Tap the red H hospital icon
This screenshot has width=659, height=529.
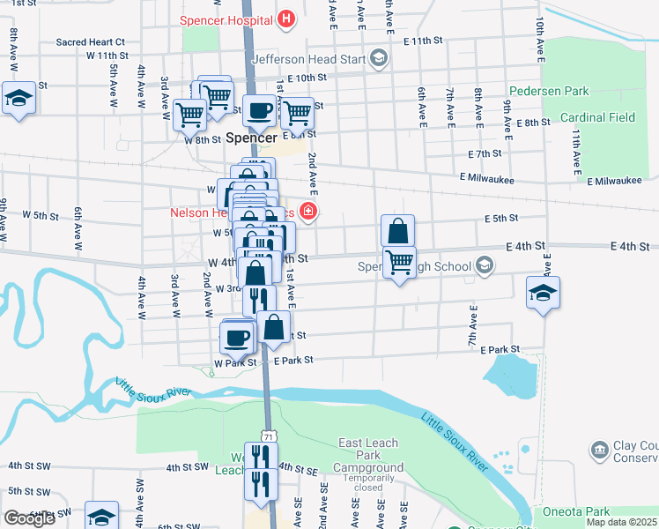click(285, 19)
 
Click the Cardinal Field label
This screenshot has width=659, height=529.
click(597, 117)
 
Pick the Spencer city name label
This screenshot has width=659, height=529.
click(251, 138)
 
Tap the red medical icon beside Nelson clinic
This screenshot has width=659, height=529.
click(308, 211)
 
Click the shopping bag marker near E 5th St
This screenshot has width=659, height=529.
click(398, 231)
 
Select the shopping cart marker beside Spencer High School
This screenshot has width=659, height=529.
click(400, 261)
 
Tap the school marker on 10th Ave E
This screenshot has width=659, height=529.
click(544, 293)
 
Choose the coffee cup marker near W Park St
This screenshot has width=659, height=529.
click(237, 337)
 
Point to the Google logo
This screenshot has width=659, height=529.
click(29, 518)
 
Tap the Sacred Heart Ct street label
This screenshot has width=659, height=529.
click(90, 41)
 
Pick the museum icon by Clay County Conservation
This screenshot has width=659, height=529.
click(600, 451)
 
